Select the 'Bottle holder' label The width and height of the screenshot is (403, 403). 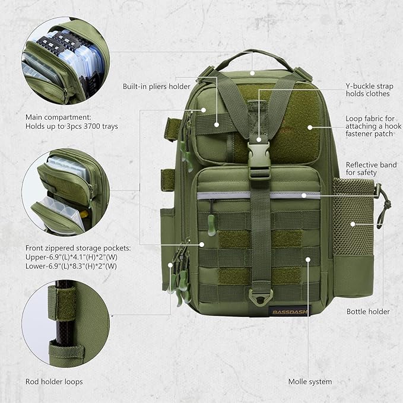(368, 312)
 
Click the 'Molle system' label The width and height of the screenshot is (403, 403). (310, 382)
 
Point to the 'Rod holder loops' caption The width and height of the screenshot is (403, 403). (54, 382)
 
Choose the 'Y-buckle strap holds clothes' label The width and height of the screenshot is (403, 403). (367, 90)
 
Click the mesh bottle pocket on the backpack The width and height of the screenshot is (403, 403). (354, 226)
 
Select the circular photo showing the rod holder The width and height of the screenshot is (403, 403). (65, 323)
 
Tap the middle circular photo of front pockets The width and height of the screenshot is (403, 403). (65, 191)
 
